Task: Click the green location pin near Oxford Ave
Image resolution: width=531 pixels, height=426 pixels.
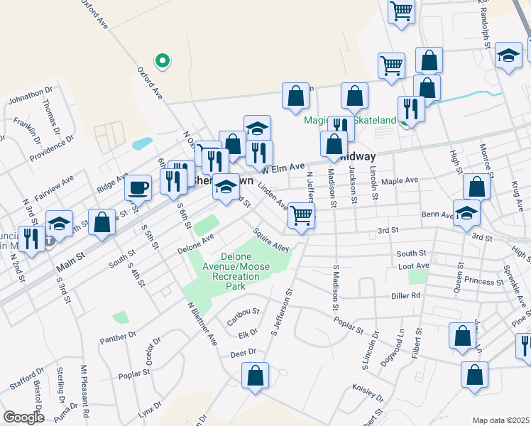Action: click(x=163, y=62)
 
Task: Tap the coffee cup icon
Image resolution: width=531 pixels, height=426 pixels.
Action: click(x=138, y=188)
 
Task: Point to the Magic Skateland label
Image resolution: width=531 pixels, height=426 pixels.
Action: click(x=350, y=120)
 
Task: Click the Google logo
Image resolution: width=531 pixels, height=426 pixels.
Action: click(x=23, y=417)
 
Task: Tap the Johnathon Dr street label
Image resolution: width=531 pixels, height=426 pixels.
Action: click(x=31, y=95)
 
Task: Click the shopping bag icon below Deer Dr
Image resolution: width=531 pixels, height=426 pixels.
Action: click(x=255, y=376)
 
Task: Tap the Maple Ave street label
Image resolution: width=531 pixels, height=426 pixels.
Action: click(x=400, y=181)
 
